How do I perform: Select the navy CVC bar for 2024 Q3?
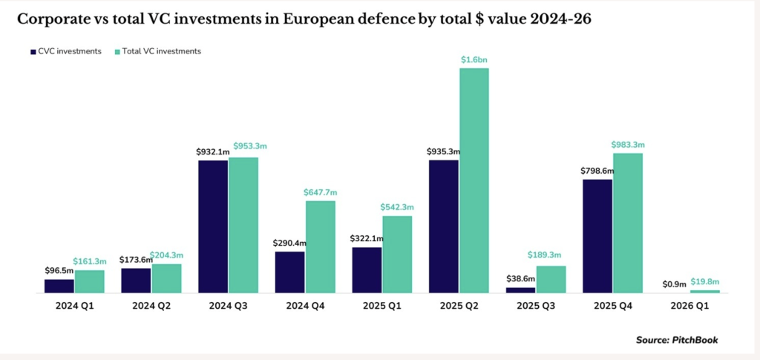pos(213,226)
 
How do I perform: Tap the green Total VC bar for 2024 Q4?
pos(320,246)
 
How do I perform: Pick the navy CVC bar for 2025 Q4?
pos(597,236)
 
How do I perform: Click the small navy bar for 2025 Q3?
pos(520,290)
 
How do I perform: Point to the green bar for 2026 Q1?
pos(705,291)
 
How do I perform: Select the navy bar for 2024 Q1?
pos(59,286)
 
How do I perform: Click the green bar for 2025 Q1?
pos(397,254)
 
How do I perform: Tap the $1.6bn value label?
pos(475,59)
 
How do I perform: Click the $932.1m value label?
pos(213,151)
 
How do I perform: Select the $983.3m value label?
pos(628,144)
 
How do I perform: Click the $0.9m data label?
pos(672,284)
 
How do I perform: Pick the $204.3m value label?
pos(167,255)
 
